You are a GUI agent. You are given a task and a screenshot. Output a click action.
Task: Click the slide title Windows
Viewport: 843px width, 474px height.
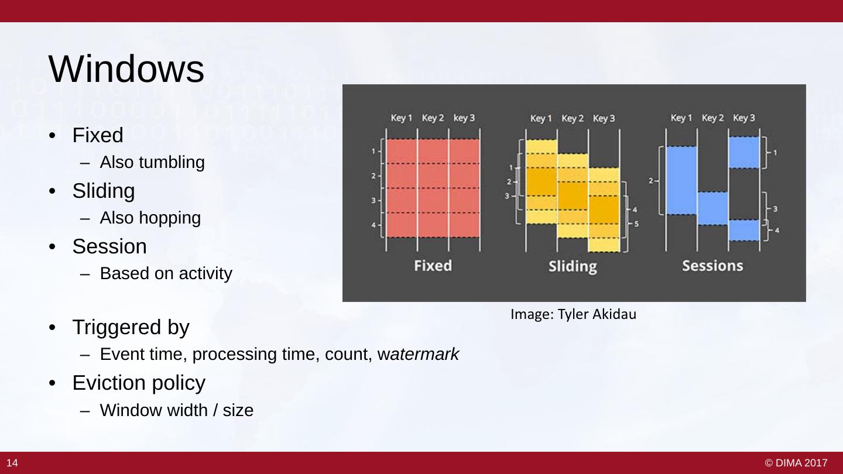[x=126, y=69]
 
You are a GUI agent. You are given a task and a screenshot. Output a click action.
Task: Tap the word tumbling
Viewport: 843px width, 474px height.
[x=172, y=163]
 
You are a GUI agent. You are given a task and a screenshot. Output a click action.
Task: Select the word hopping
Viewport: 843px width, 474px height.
[x=170, y=218]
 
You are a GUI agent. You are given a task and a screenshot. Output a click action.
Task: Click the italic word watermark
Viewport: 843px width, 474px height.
[x=418, y=354]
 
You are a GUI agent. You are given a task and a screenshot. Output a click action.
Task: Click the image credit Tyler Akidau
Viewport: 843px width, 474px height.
[x=597, y=314]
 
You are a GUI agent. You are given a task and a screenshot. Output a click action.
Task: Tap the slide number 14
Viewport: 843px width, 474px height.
[x=12, y=463]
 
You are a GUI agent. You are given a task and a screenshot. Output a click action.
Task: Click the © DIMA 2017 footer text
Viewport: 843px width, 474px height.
[x=796, y=463]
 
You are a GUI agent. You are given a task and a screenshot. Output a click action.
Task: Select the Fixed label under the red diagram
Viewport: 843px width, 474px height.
[x=433, y=266]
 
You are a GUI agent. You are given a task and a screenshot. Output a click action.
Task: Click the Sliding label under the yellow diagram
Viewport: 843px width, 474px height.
[x=573, y=266]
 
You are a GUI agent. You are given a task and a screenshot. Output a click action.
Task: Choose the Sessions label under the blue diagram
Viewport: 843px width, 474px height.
[x=713, y=266]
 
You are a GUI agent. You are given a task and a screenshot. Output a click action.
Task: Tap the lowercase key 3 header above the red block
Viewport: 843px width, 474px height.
[x=464, y=118]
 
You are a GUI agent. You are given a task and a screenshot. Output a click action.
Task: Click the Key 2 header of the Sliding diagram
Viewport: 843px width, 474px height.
[x=573, y=118]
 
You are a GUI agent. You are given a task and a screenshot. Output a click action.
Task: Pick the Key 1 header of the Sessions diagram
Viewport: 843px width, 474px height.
[x=681, y=118]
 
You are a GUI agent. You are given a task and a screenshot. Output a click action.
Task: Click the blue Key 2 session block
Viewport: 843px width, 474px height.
[x=712, y=209]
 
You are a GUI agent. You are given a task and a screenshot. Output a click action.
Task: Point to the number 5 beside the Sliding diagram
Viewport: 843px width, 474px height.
[x=636, y=224]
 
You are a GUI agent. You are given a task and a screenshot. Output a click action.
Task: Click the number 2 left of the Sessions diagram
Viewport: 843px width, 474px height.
[x=651, y=181]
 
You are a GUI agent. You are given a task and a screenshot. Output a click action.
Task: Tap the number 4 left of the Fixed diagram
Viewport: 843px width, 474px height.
[x=373, y=225]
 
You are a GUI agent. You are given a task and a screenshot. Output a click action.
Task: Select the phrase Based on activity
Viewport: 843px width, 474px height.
[x=166, y=273]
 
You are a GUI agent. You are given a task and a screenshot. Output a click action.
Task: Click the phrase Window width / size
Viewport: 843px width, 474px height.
[x=177, y=410]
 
